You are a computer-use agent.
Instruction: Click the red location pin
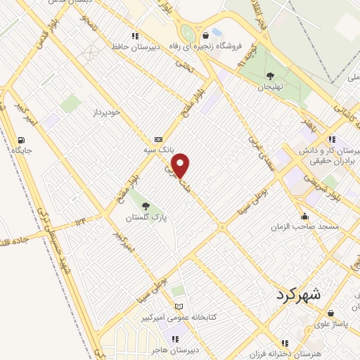click(x=181, y=165)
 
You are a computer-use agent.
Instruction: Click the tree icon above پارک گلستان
click(x=146, y=206)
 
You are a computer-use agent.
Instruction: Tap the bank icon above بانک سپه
click(x=158, y=139)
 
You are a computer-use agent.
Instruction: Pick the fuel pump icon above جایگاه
click(x=16, y=139)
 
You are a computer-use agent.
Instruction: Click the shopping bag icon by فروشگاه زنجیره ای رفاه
click(x=205, y=35)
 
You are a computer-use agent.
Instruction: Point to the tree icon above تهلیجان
click(x=271, y=75)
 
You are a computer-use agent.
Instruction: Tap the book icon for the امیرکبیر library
click(x=179, y=307)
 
